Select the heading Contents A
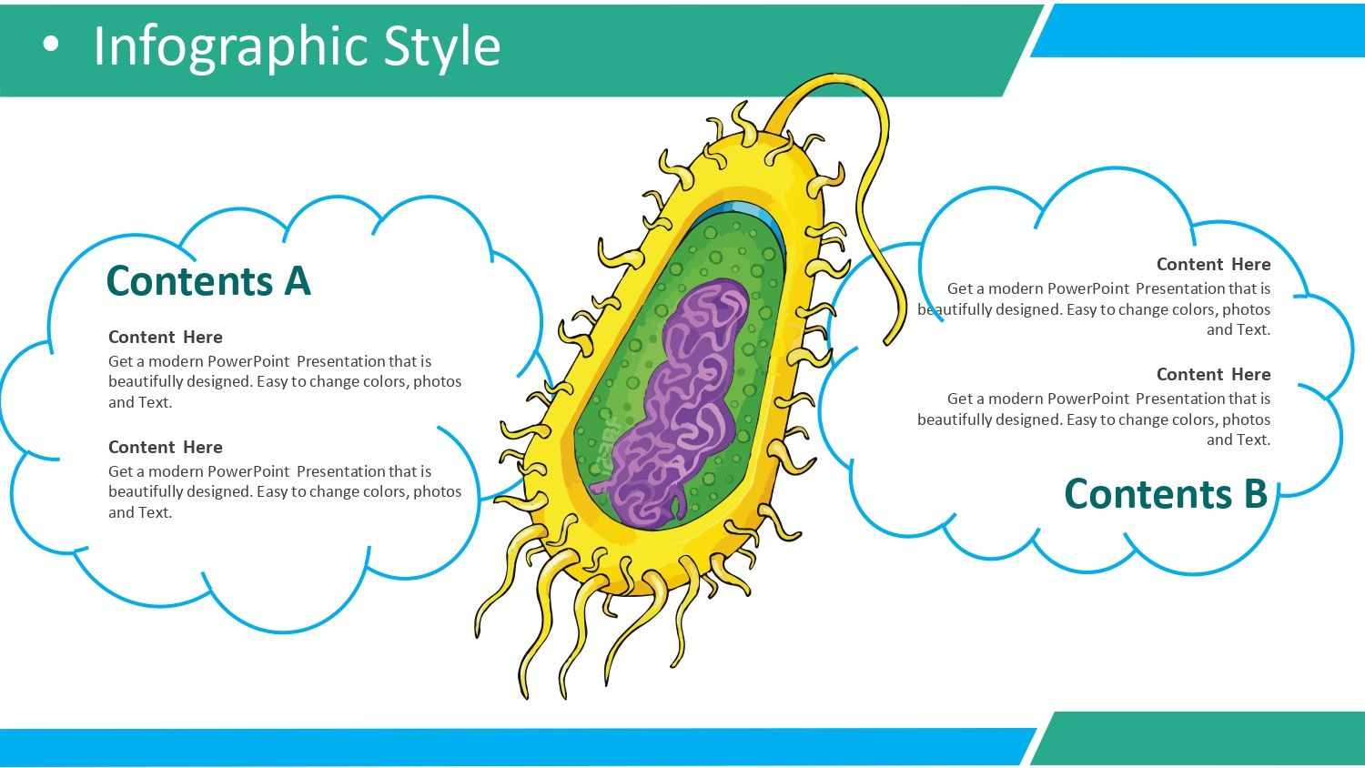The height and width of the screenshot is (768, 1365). (208, 281)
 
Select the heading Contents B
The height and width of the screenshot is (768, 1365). (1166, 493)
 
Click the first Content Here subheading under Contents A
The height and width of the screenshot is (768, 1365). (165, 337)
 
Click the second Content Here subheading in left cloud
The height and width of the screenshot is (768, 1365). (165, 447)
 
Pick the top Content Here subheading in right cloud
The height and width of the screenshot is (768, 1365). (1213, 264)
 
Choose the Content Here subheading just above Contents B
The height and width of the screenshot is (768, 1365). (1213, 374)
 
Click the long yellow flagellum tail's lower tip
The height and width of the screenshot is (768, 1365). (887, 342)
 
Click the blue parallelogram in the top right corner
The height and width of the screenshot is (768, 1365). (1198, 30)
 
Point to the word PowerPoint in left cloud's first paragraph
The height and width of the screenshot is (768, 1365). (248, 361)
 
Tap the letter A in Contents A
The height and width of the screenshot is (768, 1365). (298, 281)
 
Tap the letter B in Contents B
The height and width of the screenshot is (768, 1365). (1255, 494)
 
